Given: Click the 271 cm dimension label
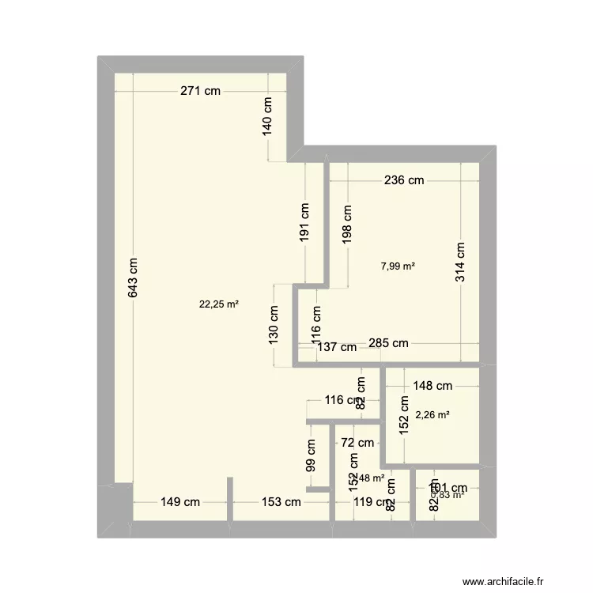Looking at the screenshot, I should pos(200,91).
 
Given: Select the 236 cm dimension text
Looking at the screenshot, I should pos(404,180).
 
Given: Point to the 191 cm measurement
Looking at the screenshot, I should pos(304,221).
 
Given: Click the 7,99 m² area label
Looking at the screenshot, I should pos(398,266).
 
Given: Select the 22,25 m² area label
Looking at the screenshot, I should pos(221,303).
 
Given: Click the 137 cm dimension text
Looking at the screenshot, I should pos(338,346).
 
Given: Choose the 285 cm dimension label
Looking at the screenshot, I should pos(389,343).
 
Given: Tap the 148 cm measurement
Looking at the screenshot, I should pos(432,386).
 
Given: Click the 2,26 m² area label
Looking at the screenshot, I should pos(432,414).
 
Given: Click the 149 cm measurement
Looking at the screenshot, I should pos(180,502).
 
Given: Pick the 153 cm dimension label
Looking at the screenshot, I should pos(281,502).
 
